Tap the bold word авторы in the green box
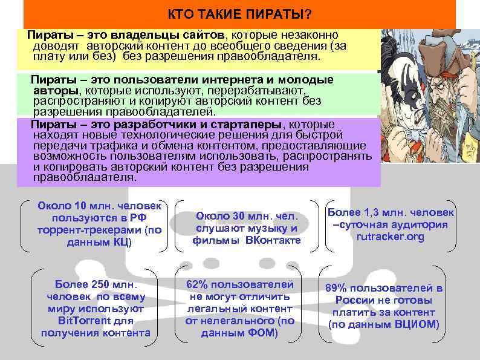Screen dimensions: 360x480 point(55,90)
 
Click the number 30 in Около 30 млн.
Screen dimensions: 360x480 point(239,215)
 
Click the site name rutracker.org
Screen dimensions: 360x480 point(390,237)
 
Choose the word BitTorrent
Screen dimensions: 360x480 point(84,321)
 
